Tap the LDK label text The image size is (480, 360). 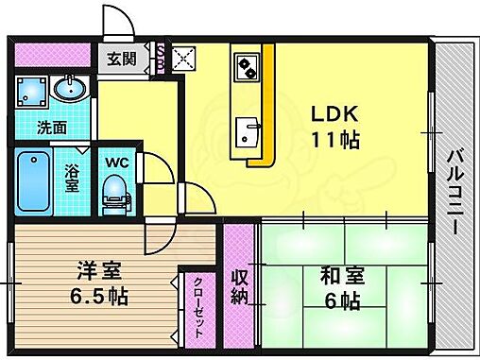336,112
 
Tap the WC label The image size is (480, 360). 114,162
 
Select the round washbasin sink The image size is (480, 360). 68,90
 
